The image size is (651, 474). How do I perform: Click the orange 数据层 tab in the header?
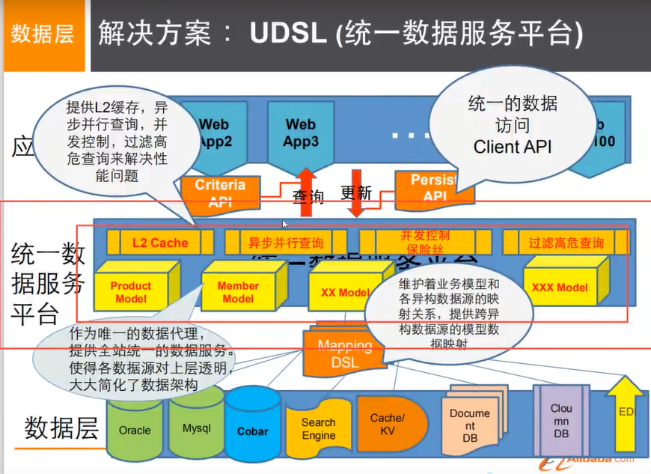pos(43,35)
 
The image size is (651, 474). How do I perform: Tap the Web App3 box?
pos(300,134)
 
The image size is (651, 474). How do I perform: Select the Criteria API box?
pos(219,192)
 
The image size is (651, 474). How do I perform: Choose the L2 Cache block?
pos(159,243)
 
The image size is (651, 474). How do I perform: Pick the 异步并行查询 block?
pos(285,243)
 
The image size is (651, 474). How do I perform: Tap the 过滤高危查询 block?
pos(566,243)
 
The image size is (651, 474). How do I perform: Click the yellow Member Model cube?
pos(238,291)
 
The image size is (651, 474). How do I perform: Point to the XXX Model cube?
pos(559,288)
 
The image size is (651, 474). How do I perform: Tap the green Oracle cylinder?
pos(135,430)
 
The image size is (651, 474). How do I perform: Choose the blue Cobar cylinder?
pos(252,431)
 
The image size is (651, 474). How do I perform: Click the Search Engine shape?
pos(318,429)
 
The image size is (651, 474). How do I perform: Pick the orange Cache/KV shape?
pos(387,424)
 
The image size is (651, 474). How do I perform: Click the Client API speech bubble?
pos(513,124)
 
